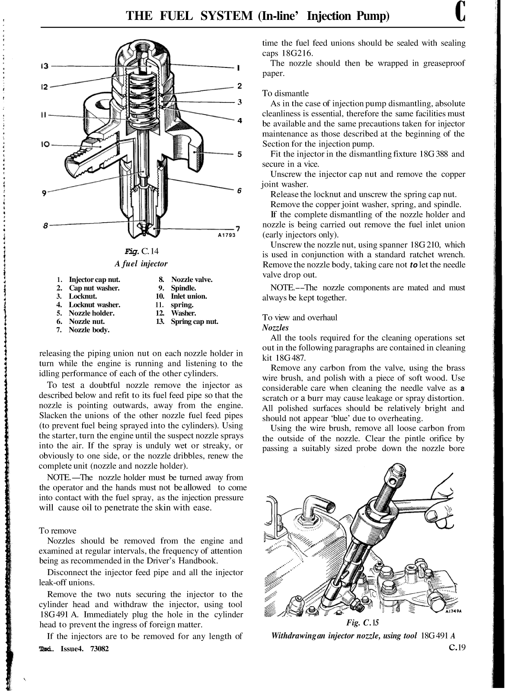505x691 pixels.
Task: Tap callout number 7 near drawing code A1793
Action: tap(237, 228)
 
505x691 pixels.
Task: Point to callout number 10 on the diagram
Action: tap(45, 144)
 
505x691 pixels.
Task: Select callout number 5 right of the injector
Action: tap(239, 154)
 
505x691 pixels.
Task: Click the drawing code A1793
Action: tap(226, 235)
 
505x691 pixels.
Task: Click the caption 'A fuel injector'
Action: tap(141, 263)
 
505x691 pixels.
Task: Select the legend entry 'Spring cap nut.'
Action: tap(194, 321)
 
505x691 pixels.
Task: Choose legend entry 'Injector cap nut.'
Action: tap(94, 279)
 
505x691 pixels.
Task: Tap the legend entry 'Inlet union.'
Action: tap(189, 296)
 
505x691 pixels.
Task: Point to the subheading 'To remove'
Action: tap(58, 531)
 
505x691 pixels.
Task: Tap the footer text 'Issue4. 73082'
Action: tap(84, 649)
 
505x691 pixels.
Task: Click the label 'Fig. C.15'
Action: tap(362, 623)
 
